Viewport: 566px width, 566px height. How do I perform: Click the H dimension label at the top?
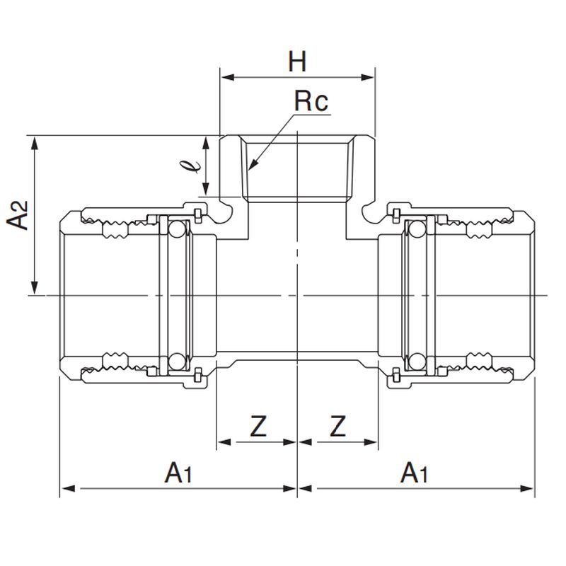(297, 62)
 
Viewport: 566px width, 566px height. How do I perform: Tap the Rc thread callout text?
(311, 103)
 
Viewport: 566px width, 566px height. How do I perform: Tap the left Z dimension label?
(258, 426)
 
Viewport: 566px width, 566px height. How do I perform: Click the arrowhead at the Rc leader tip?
(250, 167)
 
